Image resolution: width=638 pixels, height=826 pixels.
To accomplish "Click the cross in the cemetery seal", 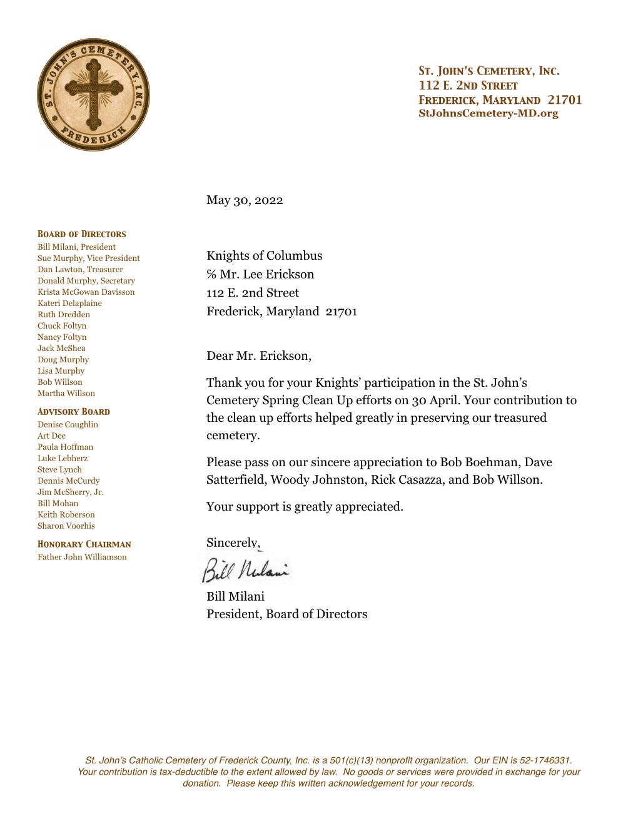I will (93, 94).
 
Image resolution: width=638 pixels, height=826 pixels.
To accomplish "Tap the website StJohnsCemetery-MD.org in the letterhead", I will (488, 114).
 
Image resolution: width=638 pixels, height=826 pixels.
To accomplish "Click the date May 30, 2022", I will (245, 200).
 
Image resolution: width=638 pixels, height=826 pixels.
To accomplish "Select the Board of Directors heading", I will (81, 234).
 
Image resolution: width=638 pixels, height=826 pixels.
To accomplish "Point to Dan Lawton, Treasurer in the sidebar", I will (80, 270).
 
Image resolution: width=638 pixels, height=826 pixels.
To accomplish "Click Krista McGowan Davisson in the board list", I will (86, 292).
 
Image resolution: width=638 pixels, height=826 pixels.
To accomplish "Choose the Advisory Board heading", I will (73, 412).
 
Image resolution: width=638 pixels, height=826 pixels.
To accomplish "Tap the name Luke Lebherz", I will (63, 459).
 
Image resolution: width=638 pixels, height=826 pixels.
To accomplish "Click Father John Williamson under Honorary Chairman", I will (82, 557).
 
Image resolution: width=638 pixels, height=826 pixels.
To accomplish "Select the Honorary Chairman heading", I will (84, 544).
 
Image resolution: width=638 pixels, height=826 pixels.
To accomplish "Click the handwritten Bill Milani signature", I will (245, 569).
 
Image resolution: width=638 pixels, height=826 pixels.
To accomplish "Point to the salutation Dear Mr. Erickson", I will (258, 357).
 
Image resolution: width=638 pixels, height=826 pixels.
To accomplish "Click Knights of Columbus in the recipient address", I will (264, 256).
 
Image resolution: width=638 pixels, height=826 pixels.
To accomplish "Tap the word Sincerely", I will (233, 543).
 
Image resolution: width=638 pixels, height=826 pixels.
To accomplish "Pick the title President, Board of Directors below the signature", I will (286, 614).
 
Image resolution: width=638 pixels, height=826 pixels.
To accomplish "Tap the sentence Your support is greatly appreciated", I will (305, 507).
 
